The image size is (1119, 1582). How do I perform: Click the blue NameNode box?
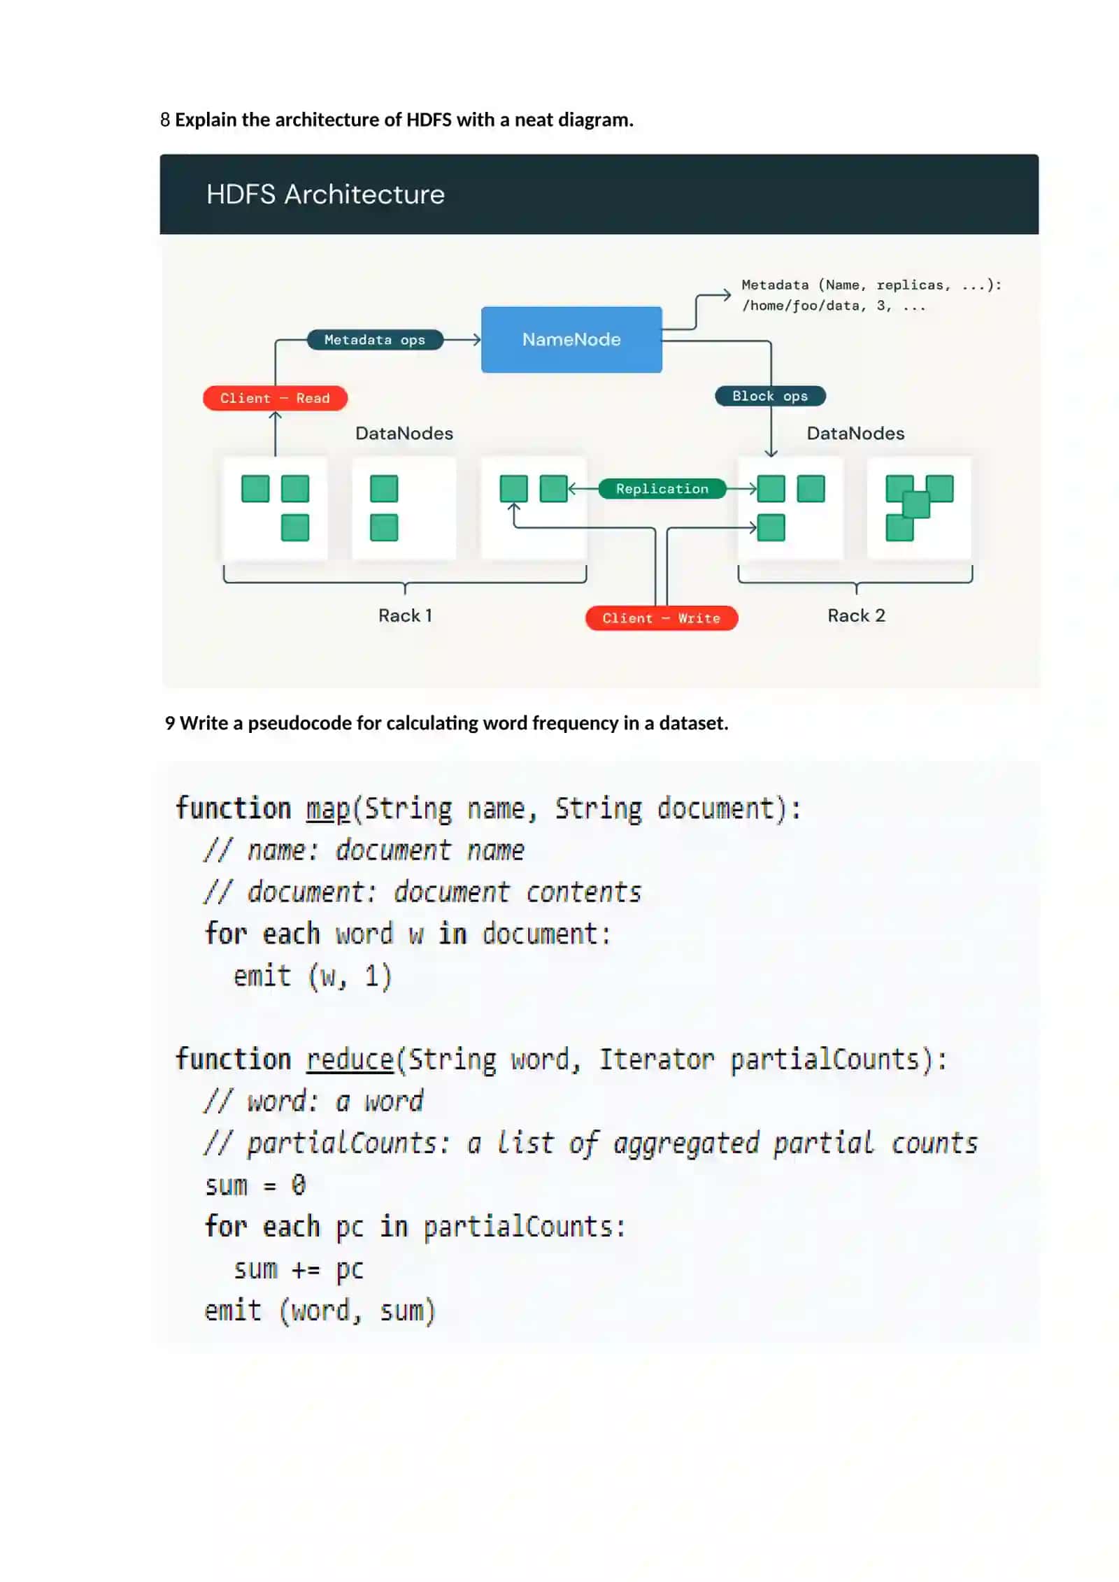pos(571,339)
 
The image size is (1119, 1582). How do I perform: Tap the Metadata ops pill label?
pos(375,340)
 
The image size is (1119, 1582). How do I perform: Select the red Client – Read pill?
pos(275,398)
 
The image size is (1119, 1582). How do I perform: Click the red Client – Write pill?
pos(661,618)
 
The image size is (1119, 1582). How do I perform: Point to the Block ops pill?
pos(770,396)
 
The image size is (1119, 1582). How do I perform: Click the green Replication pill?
pos(662,489)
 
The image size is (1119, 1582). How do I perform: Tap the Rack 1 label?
pos(405,615)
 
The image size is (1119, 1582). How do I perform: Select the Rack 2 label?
pos(856,615)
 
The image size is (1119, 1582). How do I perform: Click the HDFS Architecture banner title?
pos(325,194)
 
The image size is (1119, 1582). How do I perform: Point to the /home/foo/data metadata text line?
pos(834,306)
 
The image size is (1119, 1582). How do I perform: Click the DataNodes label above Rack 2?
pos(855,433)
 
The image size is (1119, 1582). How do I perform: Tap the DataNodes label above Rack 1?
pos(404,433)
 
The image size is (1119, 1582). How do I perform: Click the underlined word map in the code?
pos(327,809)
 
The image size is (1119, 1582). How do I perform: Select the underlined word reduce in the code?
pos(350,1060)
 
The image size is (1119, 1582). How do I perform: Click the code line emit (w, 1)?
pos(312,976)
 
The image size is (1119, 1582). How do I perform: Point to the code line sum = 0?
pos(255,1185)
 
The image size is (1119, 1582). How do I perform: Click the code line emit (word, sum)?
pos(320,1311)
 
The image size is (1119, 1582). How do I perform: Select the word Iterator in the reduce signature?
pos(657,1060)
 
